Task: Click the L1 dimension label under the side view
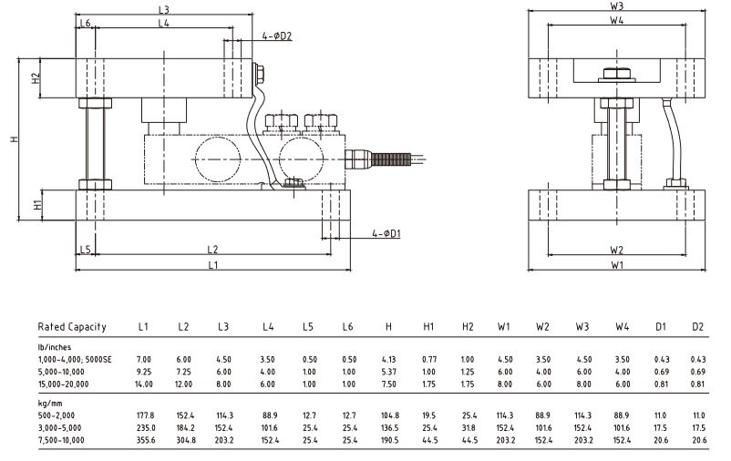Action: pos(212,265)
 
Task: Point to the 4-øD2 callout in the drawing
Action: pos(276,36)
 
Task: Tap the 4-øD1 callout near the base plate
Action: pos(387,233)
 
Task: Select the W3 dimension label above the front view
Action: pos(617,6)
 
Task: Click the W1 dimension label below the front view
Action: pos(617,265)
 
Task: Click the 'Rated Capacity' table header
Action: pos(72,326)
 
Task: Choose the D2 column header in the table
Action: pos(697,326)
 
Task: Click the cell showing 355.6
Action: pos(144,439)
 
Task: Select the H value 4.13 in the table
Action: pos(388,359)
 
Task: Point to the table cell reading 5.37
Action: pos(388,372)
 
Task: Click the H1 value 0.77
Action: pos(428,359)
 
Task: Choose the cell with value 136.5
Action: pos(388,426)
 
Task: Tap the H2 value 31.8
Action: pos(468,426)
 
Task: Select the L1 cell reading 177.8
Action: pos(144,414)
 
